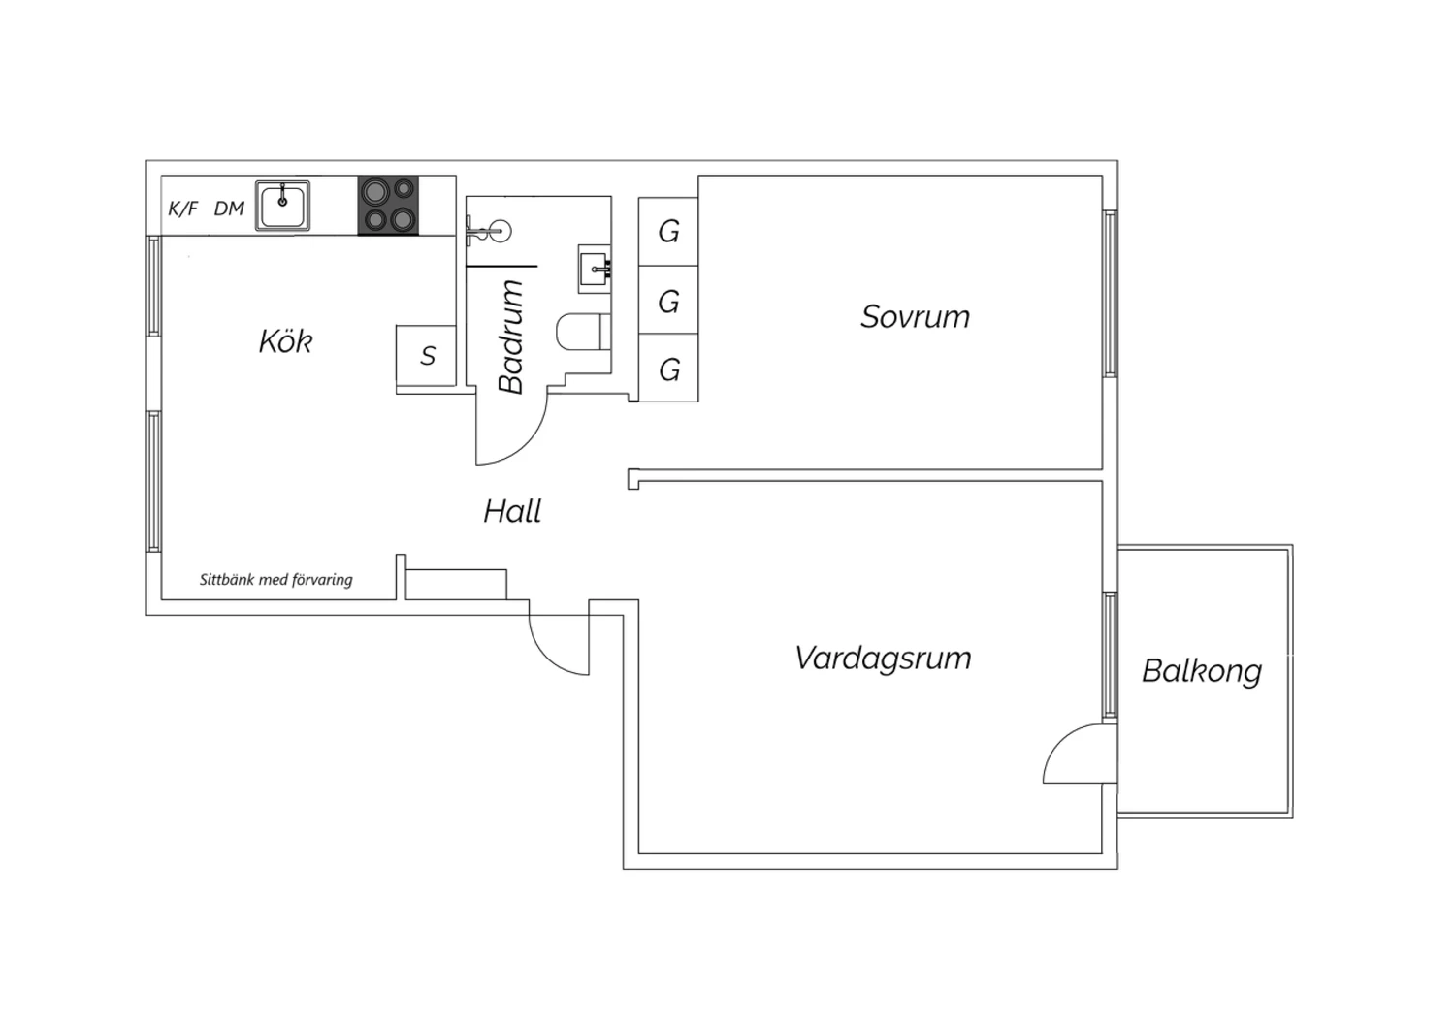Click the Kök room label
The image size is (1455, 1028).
tap(285, 341)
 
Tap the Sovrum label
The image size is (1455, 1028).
tap(915, 317)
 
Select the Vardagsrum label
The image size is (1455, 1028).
tap(883, 659)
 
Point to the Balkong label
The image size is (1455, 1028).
tap(1202, 671)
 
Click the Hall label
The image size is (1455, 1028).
tap(512, 511)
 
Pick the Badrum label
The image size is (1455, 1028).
tap(511, 337)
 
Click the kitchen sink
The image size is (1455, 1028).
tap(283, 206)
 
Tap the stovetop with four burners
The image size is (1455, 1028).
tap(388, 206)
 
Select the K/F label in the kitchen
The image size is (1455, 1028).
tap(182, 209)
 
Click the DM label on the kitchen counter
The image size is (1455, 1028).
tap(229, 209)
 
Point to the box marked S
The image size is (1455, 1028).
tap(427, 356)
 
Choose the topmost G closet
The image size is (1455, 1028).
tap(668, 232)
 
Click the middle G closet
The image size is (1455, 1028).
tap(668, 302)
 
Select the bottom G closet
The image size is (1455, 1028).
tap(668, 369)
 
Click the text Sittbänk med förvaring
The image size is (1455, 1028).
tap(276, 580)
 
